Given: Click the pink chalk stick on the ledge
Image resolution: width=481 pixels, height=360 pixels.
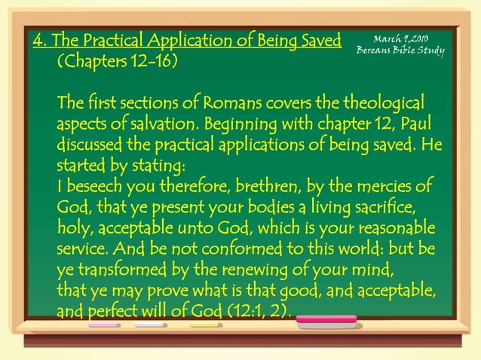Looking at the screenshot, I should click(x=103, y=325).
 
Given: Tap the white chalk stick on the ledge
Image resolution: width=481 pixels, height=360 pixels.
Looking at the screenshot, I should click(x=150, y=325).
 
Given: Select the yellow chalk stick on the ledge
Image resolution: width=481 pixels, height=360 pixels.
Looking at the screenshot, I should click(x=206, y=325).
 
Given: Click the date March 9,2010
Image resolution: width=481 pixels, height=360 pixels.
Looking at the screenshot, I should click(x=401, y=39).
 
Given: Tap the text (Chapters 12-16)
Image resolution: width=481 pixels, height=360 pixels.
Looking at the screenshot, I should click(x=117, y=60).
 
